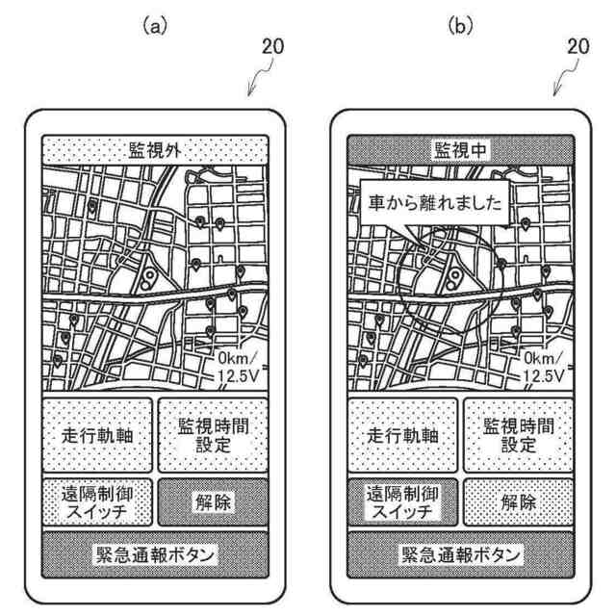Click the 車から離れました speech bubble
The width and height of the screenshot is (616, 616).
point(428,205)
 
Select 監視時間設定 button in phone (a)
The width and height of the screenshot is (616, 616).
point(211,434)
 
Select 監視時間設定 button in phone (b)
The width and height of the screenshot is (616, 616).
point(518,434)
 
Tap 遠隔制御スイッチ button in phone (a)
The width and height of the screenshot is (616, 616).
point(96,501)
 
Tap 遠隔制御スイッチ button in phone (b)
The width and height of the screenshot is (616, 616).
point(403,501)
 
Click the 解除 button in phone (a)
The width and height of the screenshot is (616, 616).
point(211,501)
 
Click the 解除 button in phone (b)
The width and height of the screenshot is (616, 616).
point(518,501)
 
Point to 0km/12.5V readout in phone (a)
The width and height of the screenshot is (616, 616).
point(239,366)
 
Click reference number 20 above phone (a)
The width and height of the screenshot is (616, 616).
point(272,45)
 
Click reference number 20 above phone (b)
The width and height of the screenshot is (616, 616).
point(578,45)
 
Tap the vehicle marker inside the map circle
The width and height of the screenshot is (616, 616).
point(449,280)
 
